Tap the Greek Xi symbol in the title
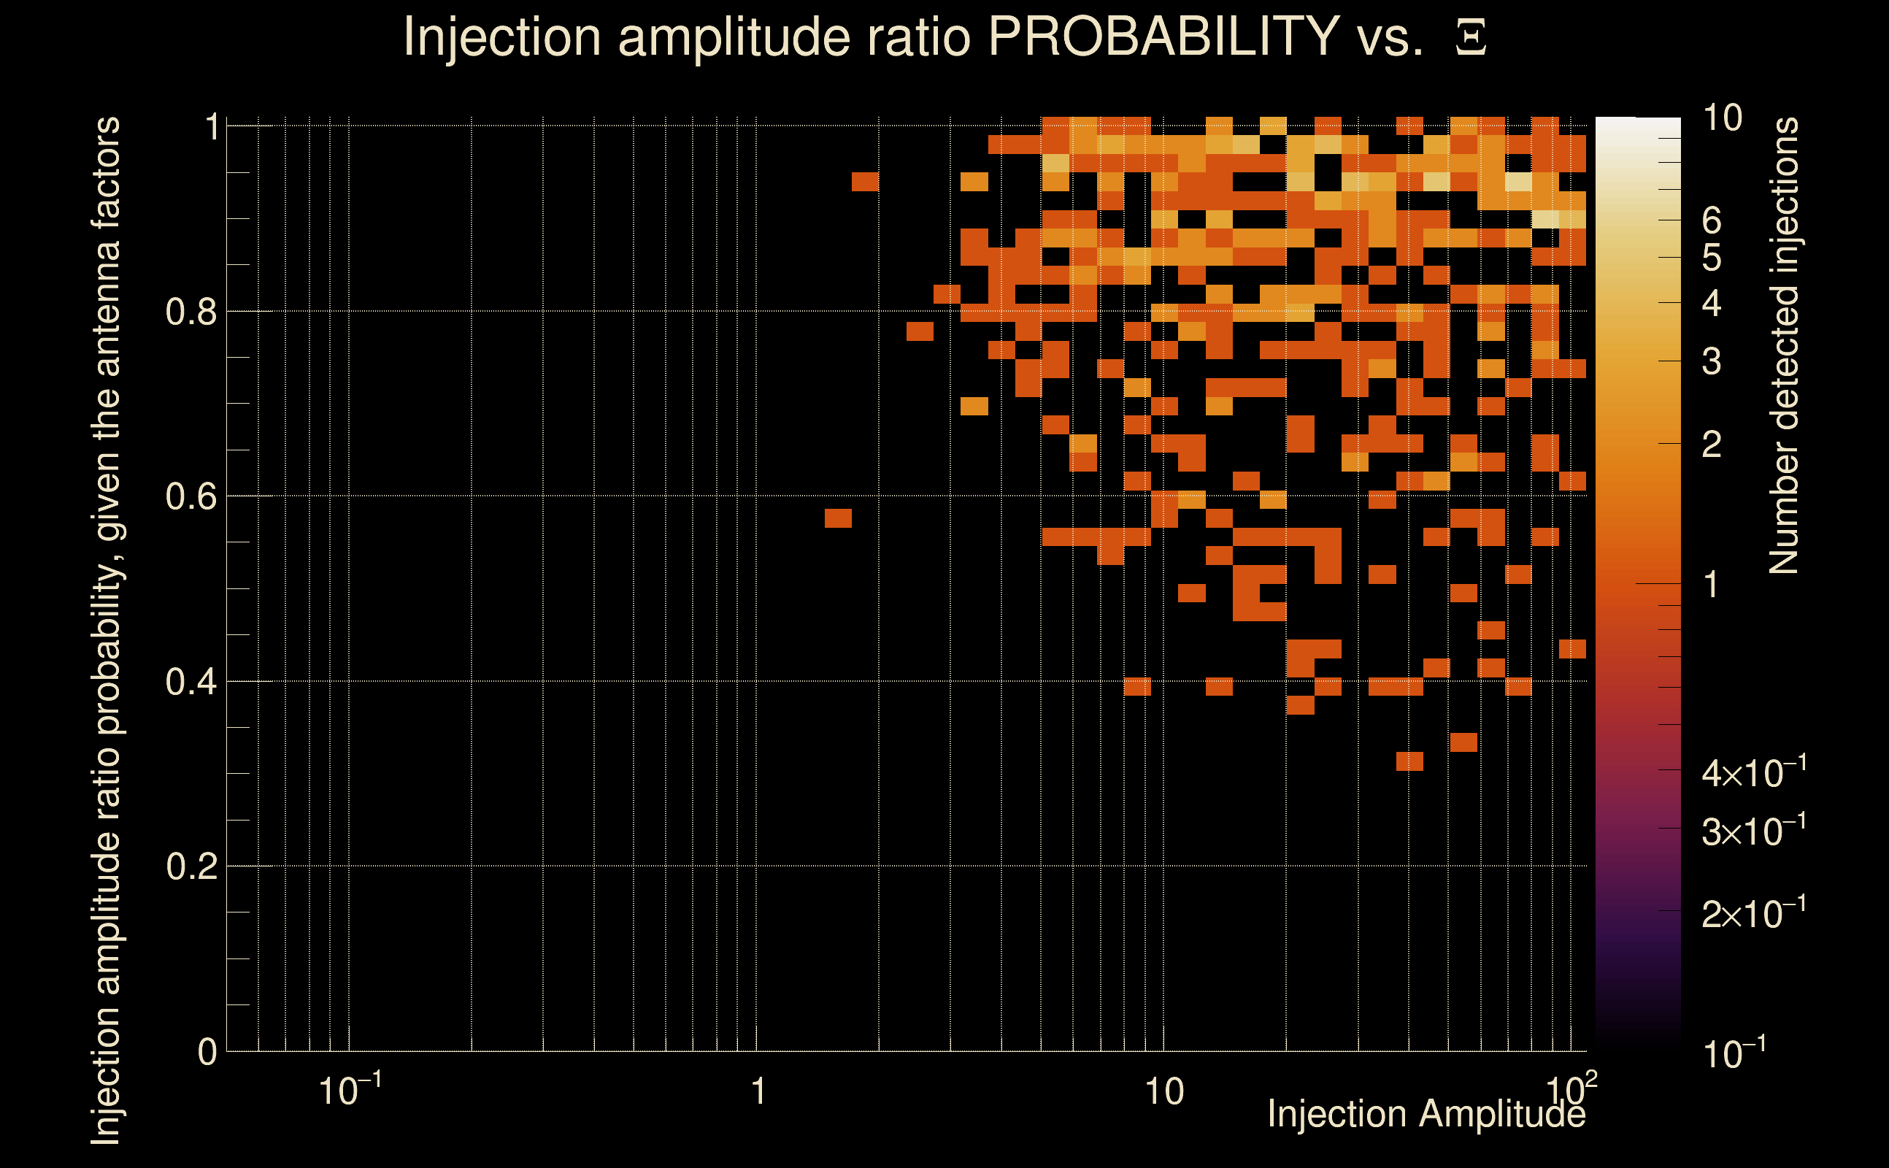tap(1471, 39)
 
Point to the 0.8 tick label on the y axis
tap(191, 312)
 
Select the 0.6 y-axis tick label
tap(191, 496)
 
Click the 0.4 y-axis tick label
tap(191, 682)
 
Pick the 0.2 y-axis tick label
tap(191, 867)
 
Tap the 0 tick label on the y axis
tap(207, 1052)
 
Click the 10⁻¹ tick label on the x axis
tap(349, 1091)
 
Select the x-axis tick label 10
tap(1163, 1092)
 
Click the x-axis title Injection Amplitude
tap(1426, 1114)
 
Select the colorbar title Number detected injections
tap(1784, 345)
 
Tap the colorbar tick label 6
tap(1712, 222)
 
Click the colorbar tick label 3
tap(1712, 361)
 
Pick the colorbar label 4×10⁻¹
tap(1753, 773)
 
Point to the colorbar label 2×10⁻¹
tap(1753, 914)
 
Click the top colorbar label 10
tap(1722, 118)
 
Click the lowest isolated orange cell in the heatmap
tap(1409, 761)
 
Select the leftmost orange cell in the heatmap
tap(838, 518)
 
